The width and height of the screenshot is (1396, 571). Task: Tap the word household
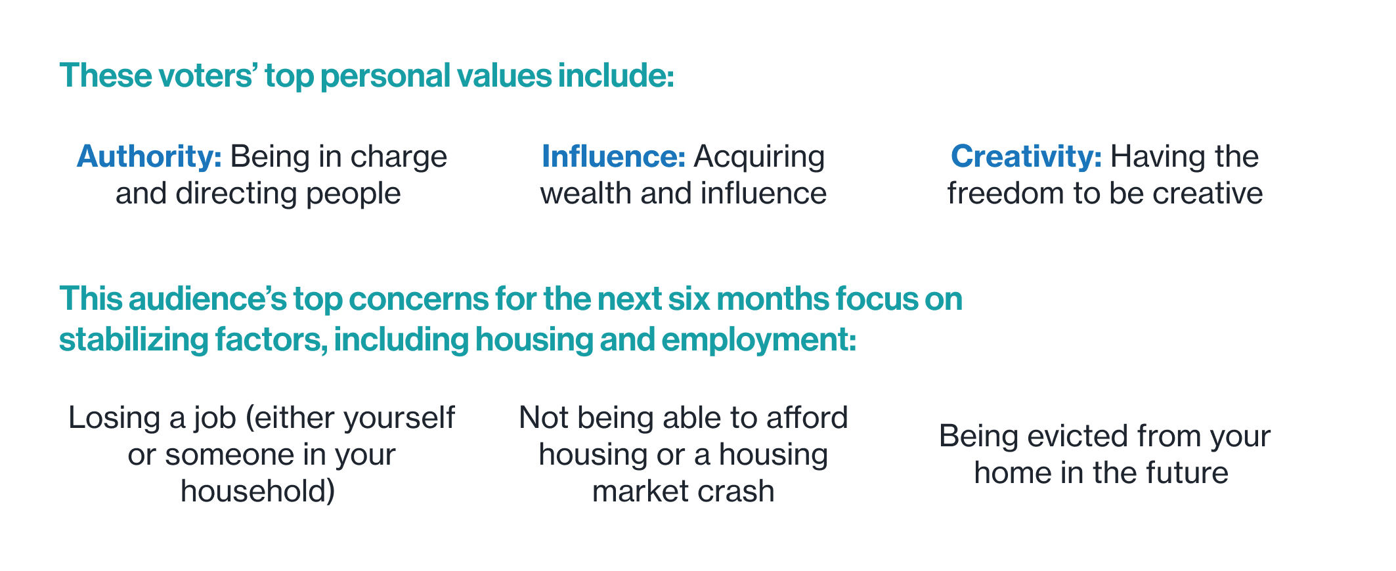[254, 492]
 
